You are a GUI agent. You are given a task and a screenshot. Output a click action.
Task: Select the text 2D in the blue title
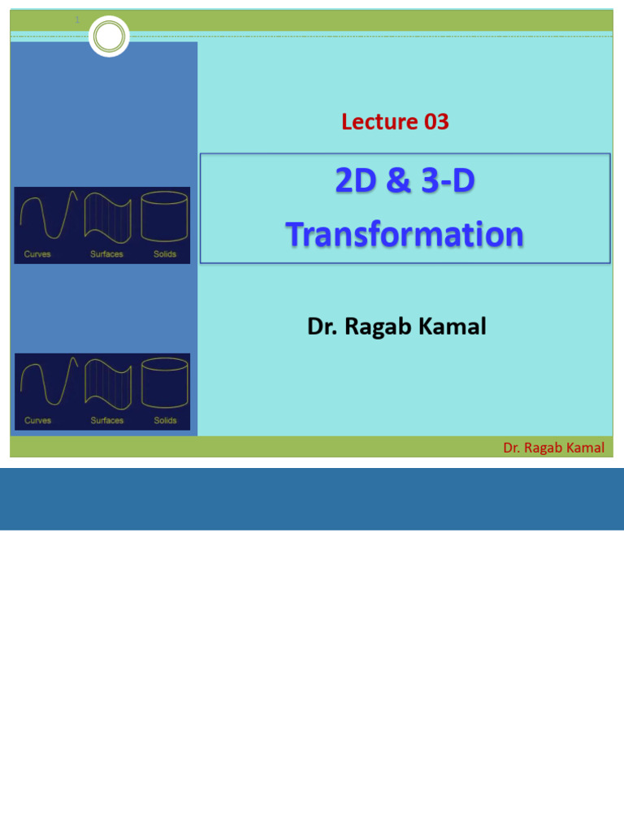357,180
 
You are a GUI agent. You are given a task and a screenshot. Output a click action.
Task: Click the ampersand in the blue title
399,180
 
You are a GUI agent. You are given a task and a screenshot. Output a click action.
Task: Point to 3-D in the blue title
449,180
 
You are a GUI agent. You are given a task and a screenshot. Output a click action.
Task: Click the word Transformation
405,234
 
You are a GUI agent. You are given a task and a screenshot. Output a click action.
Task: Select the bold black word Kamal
457,327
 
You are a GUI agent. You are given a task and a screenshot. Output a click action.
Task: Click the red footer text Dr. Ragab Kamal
553,448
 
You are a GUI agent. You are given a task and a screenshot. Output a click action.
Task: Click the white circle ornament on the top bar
109,36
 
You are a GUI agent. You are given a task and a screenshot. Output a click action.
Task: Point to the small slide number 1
77,19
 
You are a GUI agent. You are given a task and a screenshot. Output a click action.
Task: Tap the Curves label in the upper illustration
37,254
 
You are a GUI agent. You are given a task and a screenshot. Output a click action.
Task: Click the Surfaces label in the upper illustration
106,254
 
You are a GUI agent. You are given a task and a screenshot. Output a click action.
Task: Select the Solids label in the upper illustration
165,254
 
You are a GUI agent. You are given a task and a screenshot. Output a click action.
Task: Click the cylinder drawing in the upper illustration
164,217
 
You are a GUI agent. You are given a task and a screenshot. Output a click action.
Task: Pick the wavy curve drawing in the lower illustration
49,383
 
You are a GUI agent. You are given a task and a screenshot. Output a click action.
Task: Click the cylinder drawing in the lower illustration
164,383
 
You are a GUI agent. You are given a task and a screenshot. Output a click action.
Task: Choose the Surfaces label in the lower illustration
106,421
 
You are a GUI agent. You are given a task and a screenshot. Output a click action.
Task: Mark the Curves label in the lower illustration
37,421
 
